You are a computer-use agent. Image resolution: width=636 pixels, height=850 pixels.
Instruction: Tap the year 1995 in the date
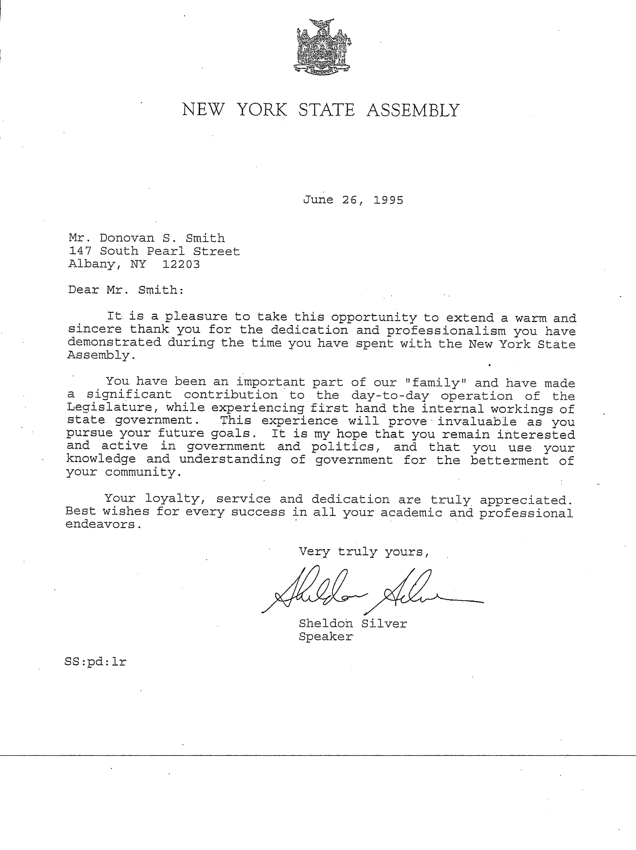pyautogui.click(x=388, y=200)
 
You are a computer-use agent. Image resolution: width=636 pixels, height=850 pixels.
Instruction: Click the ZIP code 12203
pyautogui.click(x=181, y=264)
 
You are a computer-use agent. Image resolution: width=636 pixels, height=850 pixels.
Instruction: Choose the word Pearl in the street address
pyautogui.click(x=166, y=251)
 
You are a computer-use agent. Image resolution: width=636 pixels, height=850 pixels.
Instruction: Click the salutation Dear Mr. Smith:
pyautogui.click(x=126, y=290)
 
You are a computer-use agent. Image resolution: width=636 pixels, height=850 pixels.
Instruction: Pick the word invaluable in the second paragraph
pyautogui.click(x=477, y=422)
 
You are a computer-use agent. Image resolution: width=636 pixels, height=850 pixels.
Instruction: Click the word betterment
pyautogui.click(x=510, y=460)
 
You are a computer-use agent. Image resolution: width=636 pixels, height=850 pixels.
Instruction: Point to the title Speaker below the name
pyautogui.click(x=325, y=637)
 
